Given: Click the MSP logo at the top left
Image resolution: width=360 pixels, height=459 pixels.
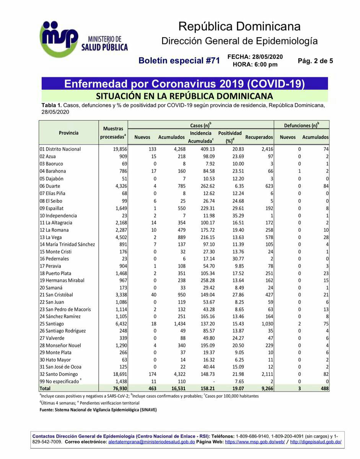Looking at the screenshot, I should (x=59, y=39).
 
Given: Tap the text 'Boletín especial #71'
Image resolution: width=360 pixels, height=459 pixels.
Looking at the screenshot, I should (x=179, y=61).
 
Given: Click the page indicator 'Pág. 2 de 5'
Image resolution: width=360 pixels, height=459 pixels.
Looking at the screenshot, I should (x=315, y=61).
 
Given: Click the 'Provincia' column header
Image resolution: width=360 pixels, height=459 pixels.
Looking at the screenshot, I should (x=69, y=133).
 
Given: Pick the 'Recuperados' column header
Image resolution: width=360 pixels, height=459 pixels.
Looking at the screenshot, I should (x=259, y=137).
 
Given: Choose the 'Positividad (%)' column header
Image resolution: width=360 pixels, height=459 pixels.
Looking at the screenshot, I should (x=230, y=137).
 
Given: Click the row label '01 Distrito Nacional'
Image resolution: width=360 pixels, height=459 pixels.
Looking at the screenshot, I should (x=60, y=149).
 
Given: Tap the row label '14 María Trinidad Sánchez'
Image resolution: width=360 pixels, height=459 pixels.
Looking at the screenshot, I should (x=67, y=244).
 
